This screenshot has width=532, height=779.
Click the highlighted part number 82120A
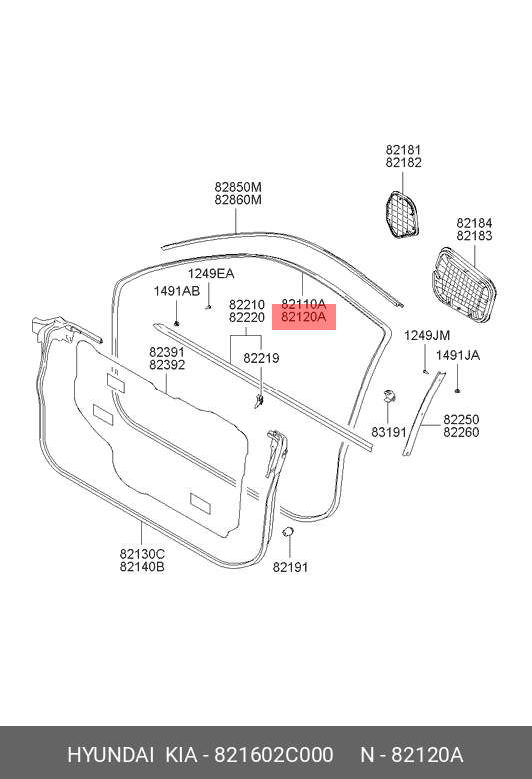tap(304, 317)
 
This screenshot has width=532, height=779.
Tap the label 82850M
tap(238, 187)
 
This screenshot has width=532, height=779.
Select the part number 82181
tap(403, 150)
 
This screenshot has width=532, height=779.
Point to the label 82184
tap(474, 223)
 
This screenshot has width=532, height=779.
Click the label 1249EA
tap(211, 274)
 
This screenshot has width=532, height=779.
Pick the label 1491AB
tap(177, 291)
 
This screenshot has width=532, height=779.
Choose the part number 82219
tap(261, 358)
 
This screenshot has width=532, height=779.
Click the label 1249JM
tap(427, 335)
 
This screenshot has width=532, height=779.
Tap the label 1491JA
tap(458, 355)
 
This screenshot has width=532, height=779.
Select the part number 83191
tap(389, 432)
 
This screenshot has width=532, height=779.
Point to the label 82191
tap(290, 567)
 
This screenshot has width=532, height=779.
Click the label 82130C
tap(142, 554)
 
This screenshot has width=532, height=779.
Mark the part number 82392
tap(167, 365)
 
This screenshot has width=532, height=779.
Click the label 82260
tap(461, 432)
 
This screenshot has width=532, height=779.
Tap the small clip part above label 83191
tap(389, 395)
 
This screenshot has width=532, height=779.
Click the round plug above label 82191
tap(288, 532)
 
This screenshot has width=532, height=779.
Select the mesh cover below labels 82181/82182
tap(402, 214)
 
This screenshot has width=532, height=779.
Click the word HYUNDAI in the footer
tap(110, 755)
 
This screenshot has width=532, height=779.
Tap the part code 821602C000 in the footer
tap(274, 755)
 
